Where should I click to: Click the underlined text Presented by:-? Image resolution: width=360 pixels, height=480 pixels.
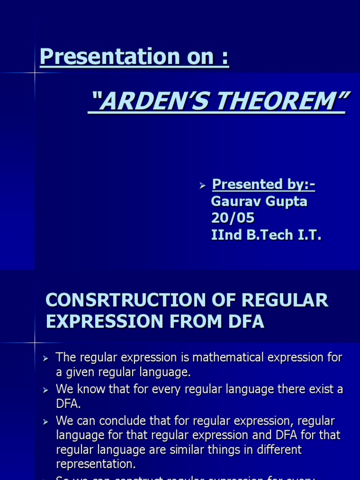click(263, 185)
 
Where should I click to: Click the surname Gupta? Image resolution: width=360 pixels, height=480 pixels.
click(287, 202)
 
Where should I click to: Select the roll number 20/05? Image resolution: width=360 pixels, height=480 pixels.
click(232, 218)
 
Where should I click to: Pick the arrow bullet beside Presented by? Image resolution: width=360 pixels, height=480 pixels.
click(202, 186)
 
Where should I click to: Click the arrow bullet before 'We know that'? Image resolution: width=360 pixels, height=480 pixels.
click(45, 390)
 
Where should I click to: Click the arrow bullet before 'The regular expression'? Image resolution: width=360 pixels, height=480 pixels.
click(45, 359)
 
